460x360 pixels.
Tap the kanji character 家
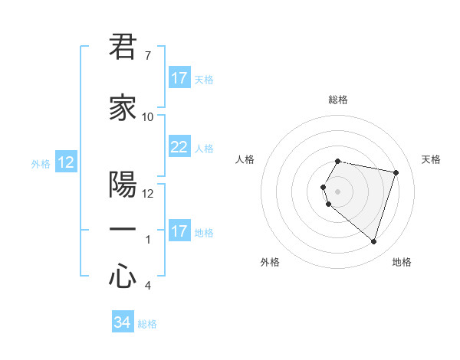pos(123,108)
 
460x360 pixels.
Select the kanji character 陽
pos(123,185)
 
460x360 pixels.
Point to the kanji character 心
pos(123,277)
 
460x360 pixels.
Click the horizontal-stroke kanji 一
pos(123,231)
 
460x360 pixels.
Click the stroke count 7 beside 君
pos(147,56)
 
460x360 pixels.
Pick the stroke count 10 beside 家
pos(148,117)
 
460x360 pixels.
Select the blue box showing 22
pos(179,147)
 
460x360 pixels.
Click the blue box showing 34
pos(123,322)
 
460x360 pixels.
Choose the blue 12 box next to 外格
pos(66,162)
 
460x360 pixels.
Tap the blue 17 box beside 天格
pos(179,78)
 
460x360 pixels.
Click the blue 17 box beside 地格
pos(179,231)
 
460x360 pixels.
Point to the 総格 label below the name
pos(147,324)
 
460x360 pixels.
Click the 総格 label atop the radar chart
pos(338,100)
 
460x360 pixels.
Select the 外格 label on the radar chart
pos(270,262)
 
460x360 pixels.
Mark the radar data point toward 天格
pos(396,173)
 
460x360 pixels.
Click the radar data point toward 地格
pos(373,241)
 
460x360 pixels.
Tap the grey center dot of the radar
pos(338,191)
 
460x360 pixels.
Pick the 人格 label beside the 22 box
pos(204,149)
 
